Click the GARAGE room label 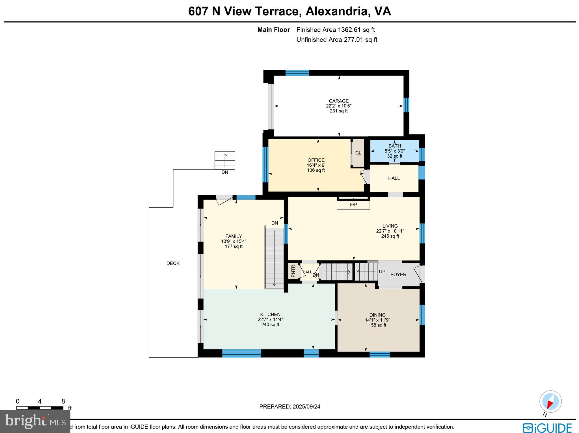[338, 101]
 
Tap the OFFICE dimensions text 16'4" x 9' [316, 165]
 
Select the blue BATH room [394, 151]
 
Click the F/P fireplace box [353, 205]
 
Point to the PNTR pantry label [293, 271]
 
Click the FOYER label [398, 274]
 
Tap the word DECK [173, 263]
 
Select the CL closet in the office [358, 153]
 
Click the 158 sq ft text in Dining [377, 325]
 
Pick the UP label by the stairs [382, 272]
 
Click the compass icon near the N [550, 401]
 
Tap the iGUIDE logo [547, 427]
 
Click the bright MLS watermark [35, 421]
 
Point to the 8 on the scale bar [63, 401]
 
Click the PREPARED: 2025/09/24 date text [290, 406]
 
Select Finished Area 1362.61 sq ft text [336, 30]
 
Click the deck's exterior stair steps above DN [225, 160]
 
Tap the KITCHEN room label [270, 314]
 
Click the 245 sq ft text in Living [390, 236]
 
